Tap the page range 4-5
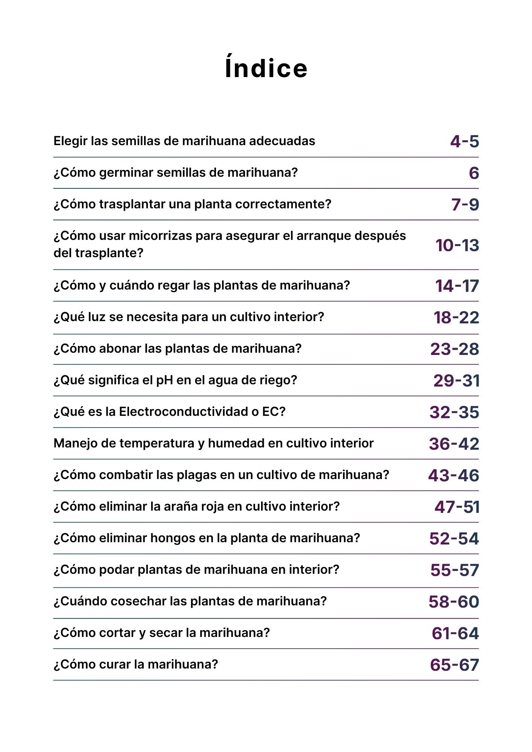[x=464, y=141]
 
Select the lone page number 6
[x=474, y=173]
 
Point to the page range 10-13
[x=457, y=245]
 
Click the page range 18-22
[x=456, y=317]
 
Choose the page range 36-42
[x=454, y=444]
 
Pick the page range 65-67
[x=454, y=665]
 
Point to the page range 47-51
[x=457, y=507]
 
